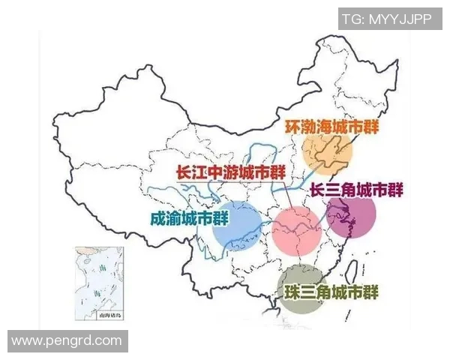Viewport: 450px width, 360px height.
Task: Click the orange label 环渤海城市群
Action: (331, 126)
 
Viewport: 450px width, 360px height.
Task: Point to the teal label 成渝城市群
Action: (189, 218)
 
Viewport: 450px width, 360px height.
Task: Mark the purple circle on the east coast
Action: (351, 217)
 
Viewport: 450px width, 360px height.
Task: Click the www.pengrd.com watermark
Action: (67, 341)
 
